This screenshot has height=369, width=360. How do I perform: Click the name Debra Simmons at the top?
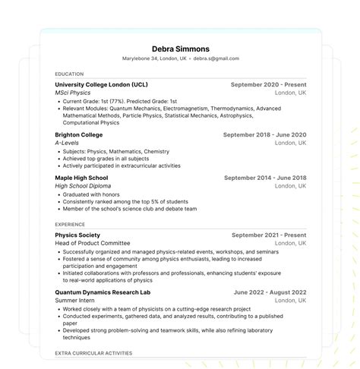[180, 49]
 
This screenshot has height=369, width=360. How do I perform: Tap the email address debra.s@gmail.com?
[216, 58]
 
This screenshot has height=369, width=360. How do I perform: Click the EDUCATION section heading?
[69, 74]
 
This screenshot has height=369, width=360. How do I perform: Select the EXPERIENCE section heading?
[71, 225]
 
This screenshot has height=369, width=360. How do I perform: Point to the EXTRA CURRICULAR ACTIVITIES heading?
[93, 353]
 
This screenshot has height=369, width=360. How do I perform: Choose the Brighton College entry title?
[79, 134]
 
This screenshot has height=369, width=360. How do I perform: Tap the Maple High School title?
[81, 178]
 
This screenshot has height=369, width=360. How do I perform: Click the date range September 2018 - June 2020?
[264, 134]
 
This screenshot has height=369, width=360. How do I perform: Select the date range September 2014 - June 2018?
[265, 178]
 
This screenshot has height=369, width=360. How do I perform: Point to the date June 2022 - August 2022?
[270, 292]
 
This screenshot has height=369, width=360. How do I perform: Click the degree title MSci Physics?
[72, 93]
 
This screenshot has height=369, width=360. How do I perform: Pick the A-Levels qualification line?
[68, 143]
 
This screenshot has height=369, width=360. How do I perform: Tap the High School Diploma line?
[83, 186]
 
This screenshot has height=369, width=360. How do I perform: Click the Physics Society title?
[77, 235]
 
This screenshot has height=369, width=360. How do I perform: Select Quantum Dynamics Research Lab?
[103, 292]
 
